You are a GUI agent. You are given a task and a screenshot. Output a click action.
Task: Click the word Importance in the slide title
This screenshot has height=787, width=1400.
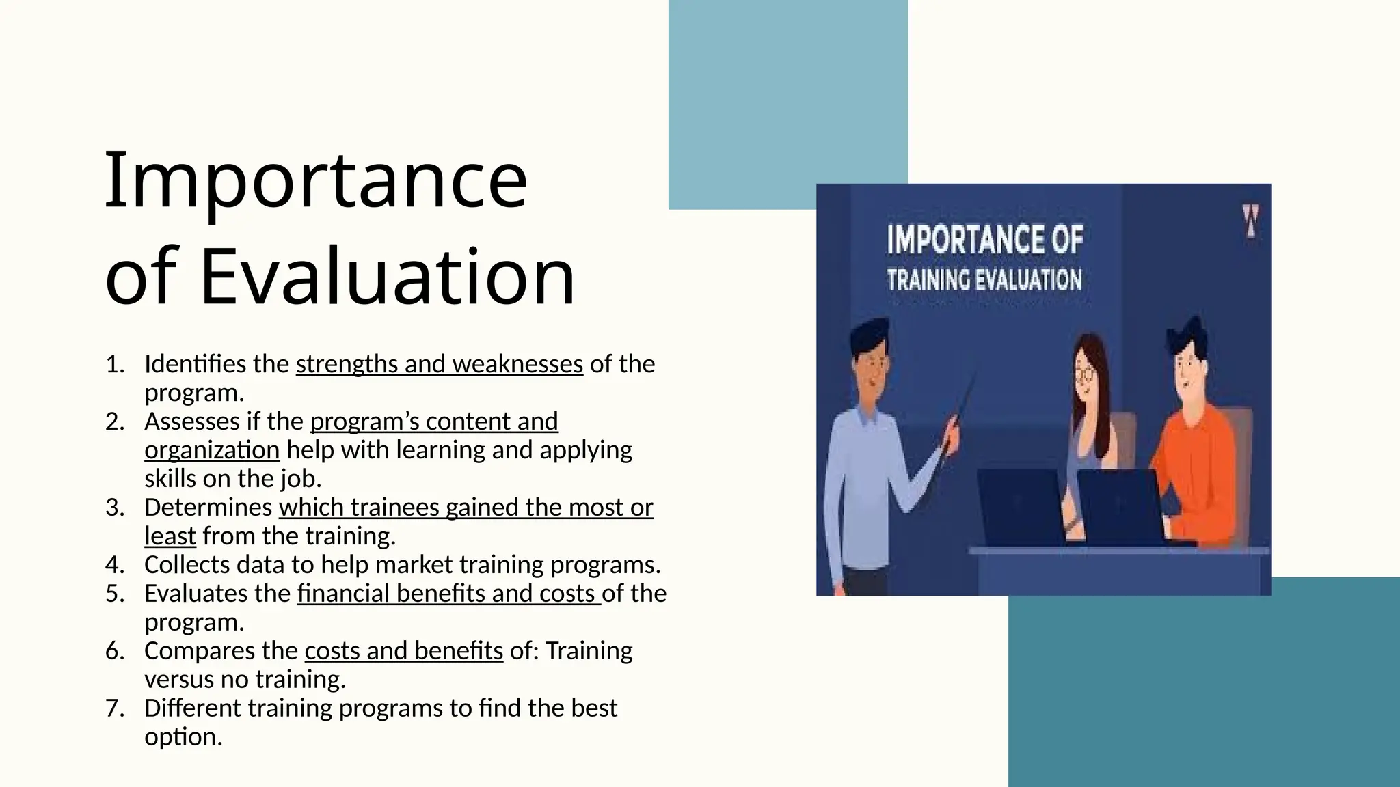tap(316, 181)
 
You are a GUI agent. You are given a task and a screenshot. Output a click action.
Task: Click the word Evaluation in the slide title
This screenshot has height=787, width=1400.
tap(388, 277)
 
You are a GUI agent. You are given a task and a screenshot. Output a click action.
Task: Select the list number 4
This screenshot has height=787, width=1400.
tap(114, 565)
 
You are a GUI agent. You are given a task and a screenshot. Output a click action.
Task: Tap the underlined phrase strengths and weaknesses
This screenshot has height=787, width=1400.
tap(439, 364)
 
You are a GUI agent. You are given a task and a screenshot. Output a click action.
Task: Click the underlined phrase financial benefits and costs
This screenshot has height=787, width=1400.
tap(448, 594)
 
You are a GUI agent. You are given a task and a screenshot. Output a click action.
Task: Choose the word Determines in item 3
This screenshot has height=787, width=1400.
tap(208, 508)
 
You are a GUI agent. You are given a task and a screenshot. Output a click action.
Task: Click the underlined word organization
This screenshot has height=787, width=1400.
tap(212, 450)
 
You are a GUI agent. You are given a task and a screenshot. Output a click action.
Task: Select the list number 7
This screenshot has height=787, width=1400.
tap(114, 708)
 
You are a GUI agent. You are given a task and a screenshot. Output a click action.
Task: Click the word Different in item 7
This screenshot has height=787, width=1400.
tap(193, 708)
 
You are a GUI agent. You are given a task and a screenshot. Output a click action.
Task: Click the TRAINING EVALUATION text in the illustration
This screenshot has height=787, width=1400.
tap(984, 279)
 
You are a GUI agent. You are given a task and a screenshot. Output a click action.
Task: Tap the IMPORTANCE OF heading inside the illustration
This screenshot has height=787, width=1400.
tap(984, 240)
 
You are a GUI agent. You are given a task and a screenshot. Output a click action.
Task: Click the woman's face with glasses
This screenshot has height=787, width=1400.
tap(1085, 374)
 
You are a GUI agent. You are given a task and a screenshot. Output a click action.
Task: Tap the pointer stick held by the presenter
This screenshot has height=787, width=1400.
tap(960, 417)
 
